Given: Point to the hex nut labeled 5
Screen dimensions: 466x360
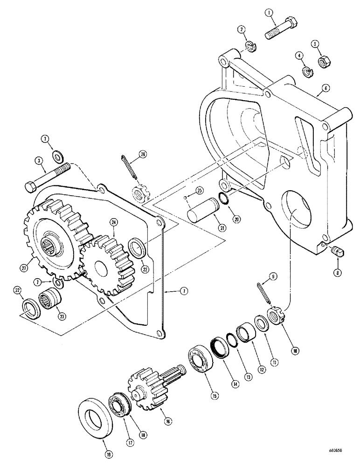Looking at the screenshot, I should tap(321, 62).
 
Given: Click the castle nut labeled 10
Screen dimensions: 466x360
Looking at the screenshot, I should tap(274, 317).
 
